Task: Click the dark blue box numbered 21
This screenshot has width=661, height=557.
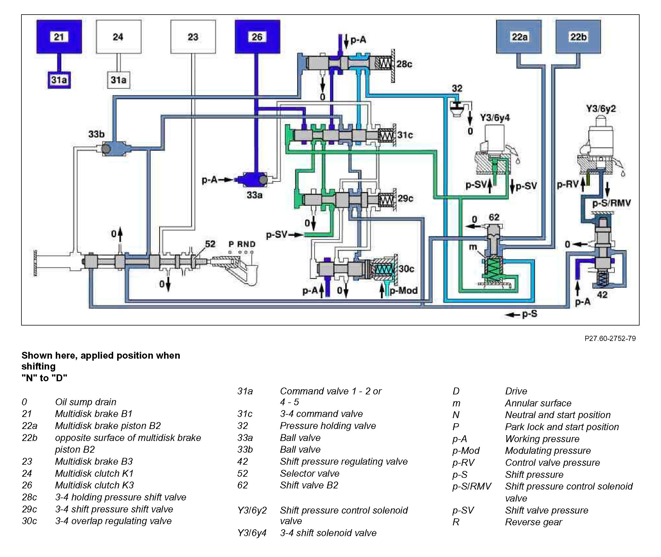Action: pos(59,37)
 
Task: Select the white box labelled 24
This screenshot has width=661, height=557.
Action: pos(118,37)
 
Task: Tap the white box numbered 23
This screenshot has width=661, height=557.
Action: pos(193,37)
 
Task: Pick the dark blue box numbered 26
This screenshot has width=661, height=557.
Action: pos(257,37)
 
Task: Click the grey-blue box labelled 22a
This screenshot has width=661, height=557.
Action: pos(519,37)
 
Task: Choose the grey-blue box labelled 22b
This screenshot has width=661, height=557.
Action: pos(578,37)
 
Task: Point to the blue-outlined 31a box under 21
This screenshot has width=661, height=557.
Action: pos(59,80)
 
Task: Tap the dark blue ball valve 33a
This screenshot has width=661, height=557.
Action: pos(251,180)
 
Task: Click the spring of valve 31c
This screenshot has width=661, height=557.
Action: pos(386,135)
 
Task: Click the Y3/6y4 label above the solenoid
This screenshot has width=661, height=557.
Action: pos(495,118)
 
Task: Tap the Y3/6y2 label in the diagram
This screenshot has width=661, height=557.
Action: pos(601,109)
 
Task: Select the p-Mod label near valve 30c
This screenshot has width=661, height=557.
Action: pos(404,290)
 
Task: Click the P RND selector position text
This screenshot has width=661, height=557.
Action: pos(242,244)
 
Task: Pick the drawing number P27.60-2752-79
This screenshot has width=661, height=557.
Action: pos(610,338)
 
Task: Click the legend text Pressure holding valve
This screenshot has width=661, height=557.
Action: pos(328,426)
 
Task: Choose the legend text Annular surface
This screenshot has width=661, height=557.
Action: pos(538,403)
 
